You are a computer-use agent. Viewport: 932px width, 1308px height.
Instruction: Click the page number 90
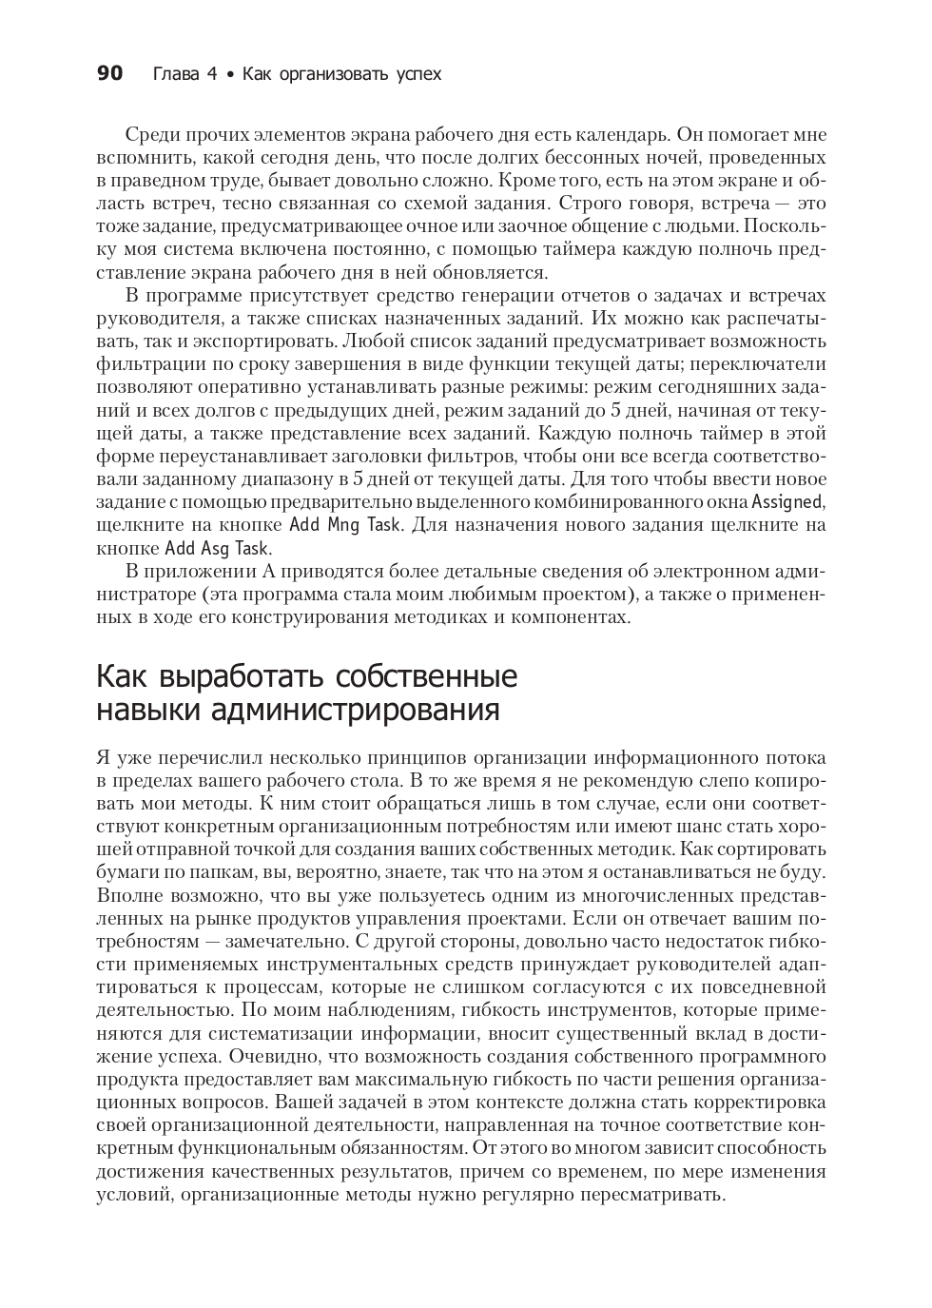coord(110,73)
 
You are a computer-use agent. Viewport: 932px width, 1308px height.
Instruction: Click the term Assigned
coord(787,501)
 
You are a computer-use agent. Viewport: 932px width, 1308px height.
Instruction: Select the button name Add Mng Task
coord(345,524)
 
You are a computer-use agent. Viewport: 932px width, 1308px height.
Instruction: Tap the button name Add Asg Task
coord(218,548)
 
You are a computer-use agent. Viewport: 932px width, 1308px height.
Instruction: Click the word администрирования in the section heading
coord(370,710)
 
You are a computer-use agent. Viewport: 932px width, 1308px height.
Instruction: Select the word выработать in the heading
coord(222,676)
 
